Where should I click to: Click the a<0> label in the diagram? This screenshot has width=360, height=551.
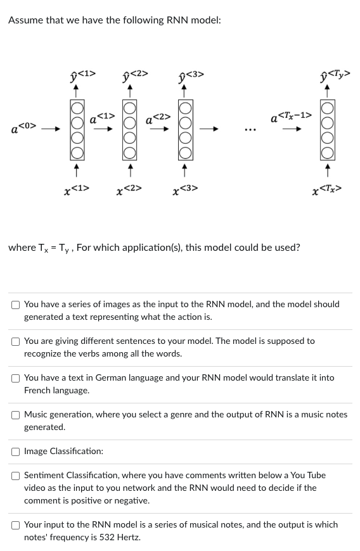click(x=23, y=129)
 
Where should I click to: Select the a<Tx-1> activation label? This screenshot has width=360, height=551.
click(x=290, y=117)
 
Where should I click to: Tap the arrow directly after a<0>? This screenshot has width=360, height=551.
click(x=53, y=130)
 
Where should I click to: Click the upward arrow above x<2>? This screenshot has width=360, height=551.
click(x=130, y=170)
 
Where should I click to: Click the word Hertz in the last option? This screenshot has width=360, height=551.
click(x=127, y=538)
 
